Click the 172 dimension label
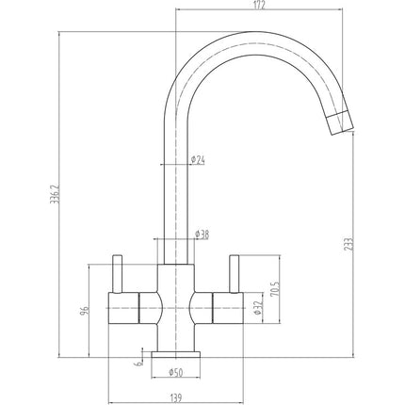click(x=259, y=5)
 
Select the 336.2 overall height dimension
click(x=55, y=194)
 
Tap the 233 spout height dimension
click(x=349, y=244)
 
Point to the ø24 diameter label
click(x=198, y=160)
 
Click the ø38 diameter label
click(x=202, y=235)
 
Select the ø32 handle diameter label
click(x=257, y=308)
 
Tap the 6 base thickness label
click(x=138, y=364)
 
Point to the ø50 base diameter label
click(x=176, y=372)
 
